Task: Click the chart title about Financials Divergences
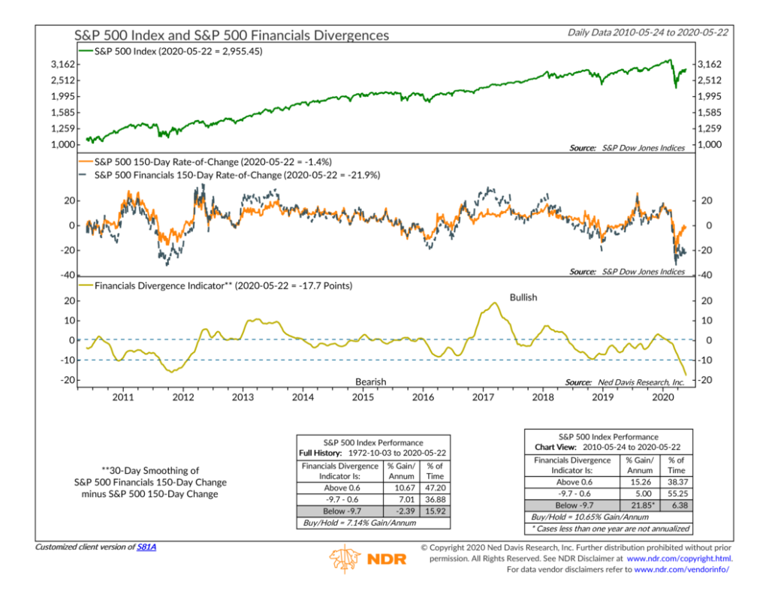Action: [x=231, y=35]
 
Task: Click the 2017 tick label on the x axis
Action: [x=481, y=396]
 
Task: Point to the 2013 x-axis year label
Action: [x=243, y=396]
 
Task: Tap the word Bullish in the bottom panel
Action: [x=524, y=297]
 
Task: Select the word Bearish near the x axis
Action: [x=370, y=382]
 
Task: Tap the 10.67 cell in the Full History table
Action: [x=403, y=487]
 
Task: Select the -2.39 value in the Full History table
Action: [x=403, y=511]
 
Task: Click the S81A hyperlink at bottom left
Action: [x=147, y=546]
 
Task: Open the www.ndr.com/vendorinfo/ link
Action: [x=682, y=570]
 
